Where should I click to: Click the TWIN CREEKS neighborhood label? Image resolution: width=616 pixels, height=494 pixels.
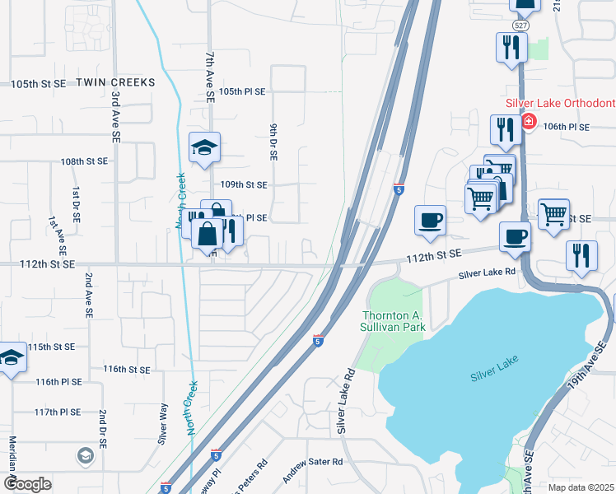point(116,83)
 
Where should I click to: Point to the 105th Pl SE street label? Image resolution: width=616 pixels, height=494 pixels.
point(242,92)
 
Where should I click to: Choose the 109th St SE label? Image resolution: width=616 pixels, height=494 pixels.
point(244,185)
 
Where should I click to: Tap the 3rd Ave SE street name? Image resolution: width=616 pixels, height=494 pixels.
point(116,112)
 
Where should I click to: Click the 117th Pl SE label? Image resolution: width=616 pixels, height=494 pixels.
point(58,412)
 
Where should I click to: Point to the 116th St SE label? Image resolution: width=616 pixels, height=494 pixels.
point(127,370)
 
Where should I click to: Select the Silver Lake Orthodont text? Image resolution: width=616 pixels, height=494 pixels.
point(560,103)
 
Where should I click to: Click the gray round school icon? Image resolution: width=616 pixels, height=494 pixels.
point(85,454)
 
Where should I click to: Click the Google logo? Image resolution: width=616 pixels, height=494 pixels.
point(27,484)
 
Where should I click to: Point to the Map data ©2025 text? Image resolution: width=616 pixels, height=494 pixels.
point(580,487)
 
